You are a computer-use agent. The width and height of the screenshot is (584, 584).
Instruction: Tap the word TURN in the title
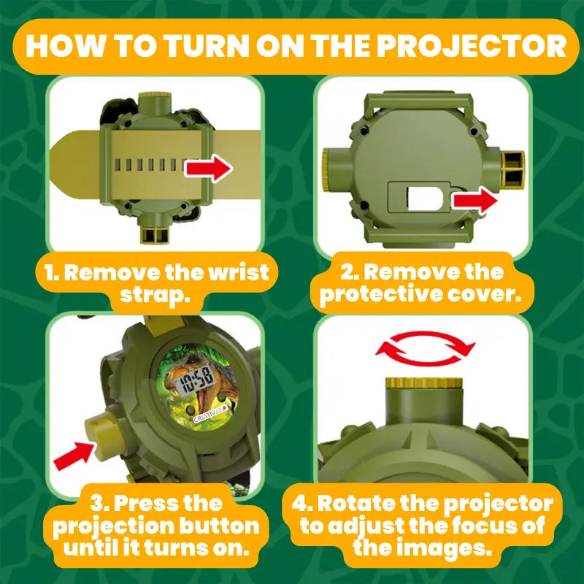207,46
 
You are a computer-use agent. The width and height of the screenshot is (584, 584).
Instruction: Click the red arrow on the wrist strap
209,169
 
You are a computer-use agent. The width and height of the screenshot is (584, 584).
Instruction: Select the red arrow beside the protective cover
475,201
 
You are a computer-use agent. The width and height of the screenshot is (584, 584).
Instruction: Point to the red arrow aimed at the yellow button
74,456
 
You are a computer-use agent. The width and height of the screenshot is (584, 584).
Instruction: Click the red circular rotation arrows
426,349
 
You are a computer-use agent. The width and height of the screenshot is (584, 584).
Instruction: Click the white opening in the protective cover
425,199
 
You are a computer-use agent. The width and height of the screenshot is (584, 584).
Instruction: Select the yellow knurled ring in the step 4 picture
424,383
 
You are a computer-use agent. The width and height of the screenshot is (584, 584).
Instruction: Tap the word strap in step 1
155,296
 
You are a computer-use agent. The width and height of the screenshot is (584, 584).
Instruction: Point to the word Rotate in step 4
356,504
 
